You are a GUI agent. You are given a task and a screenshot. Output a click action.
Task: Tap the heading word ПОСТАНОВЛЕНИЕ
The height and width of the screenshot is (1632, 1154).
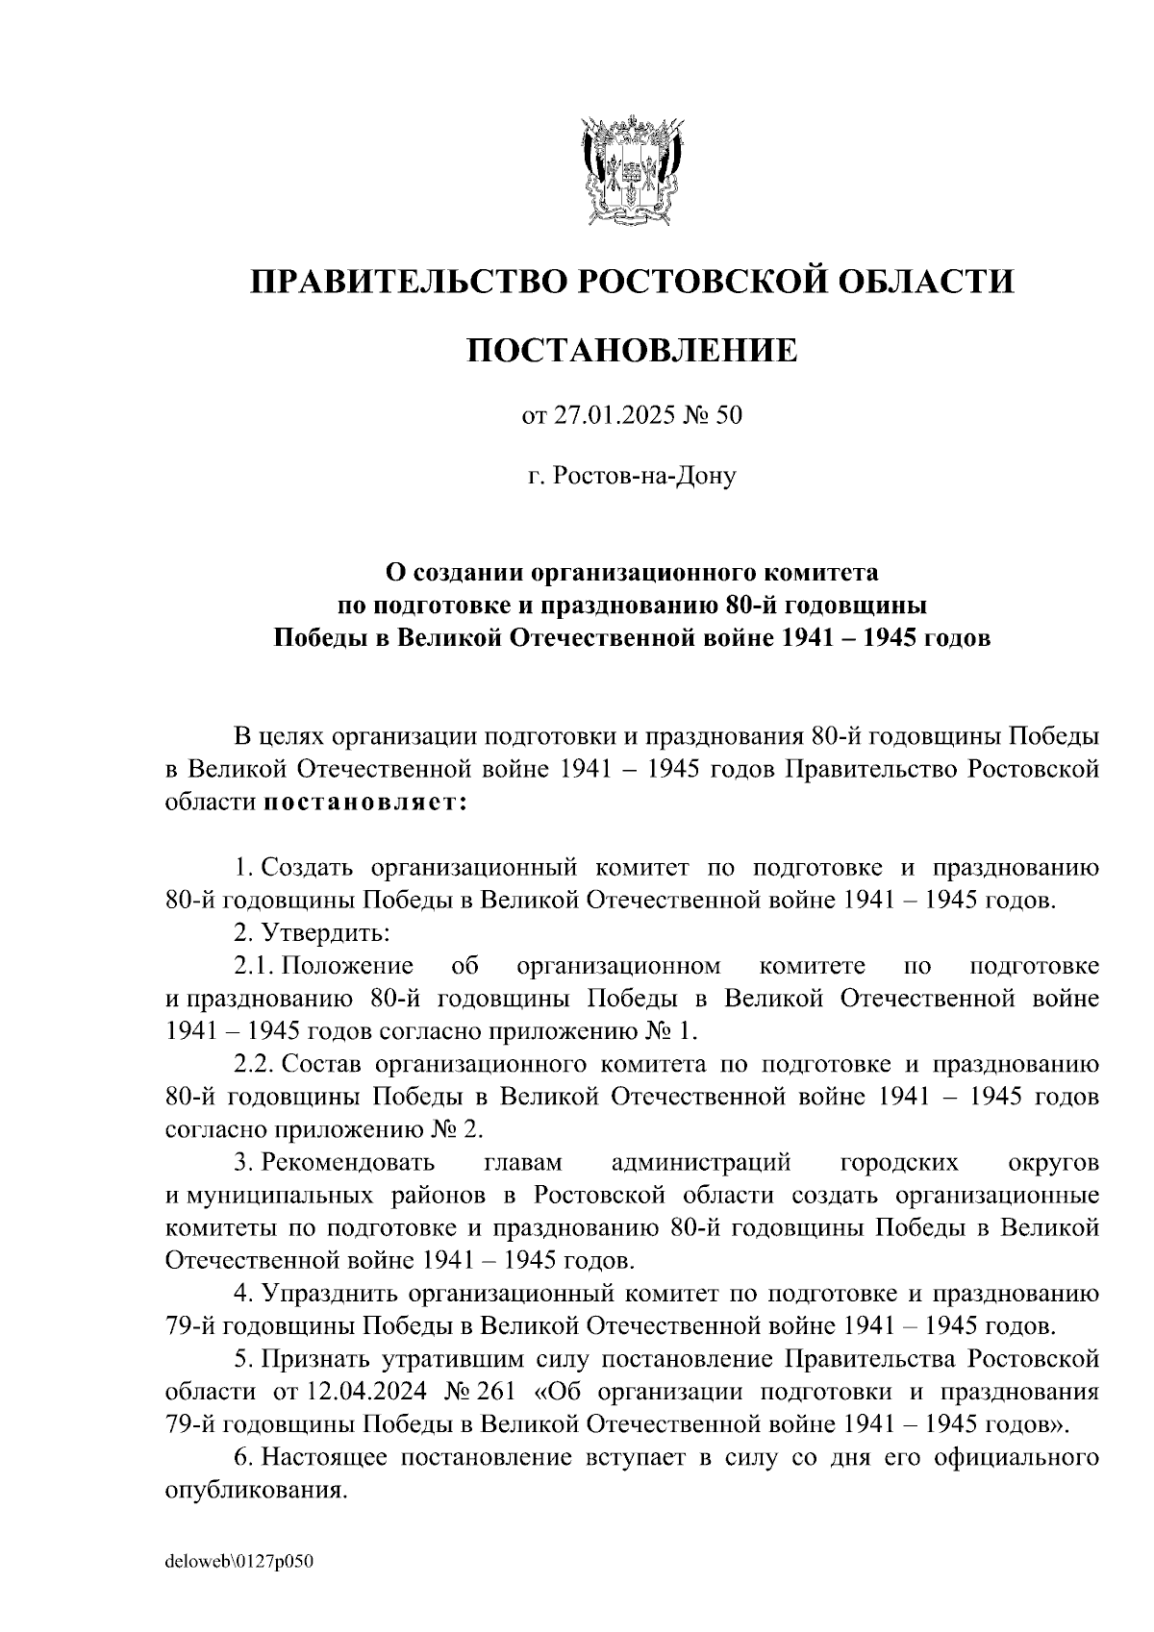632,351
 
